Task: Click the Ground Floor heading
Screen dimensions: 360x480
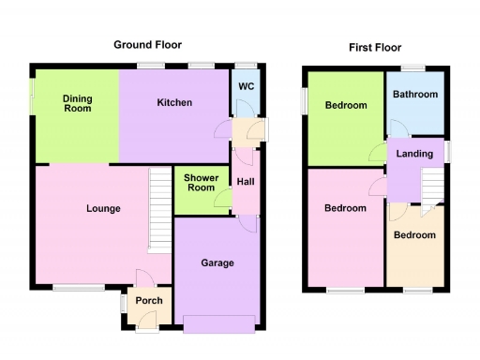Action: (147, 44)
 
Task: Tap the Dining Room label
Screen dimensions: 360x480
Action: (77, 102)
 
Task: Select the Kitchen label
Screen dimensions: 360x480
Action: (174, 102)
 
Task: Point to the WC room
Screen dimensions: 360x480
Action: (247, 87)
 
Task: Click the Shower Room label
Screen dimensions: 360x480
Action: (201, 183)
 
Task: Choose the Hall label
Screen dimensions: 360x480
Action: (245, 182)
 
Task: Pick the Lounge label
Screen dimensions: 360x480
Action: (103, 209)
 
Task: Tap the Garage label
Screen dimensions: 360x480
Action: (217, 263)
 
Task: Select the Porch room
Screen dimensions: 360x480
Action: (149, 301)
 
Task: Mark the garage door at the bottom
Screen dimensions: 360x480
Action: (218, 324)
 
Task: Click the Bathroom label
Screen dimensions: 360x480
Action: (415, 95)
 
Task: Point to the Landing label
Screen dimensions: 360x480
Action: (414, 154)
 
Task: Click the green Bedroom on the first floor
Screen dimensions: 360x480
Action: (346, 106)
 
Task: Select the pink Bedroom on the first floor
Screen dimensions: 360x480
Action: (345, 208)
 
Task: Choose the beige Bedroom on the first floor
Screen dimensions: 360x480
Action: (414, 235)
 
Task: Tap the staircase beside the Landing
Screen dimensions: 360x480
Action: (431, 185)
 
